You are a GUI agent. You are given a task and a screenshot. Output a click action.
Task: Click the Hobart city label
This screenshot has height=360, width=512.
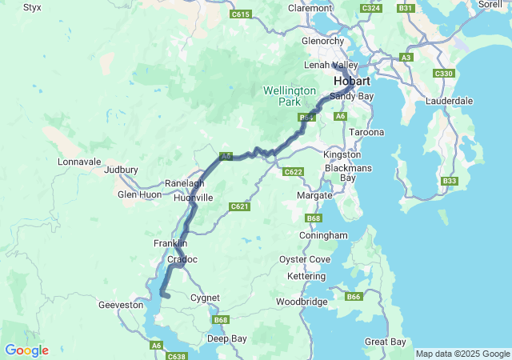tap(353, 82)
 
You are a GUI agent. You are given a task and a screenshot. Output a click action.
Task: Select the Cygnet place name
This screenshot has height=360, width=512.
tap(206, 298)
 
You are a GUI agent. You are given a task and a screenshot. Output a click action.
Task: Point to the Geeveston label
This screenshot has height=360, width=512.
tap(120, 305)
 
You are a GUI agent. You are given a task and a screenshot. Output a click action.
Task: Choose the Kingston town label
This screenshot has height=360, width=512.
tap(342, 154)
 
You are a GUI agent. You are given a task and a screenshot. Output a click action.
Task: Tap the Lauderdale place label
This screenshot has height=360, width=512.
tap(450, 101)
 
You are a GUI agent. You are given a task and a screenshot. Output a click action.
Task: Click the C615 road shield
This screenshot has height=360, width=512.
tap(241, 14)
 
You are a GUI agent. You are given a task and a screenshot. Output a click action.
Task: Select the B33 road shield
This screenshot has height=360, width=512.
tap(450, 182)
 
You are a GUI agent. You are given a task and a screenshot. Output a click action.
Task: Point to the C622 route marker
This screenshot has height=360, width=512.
tap(293, 171)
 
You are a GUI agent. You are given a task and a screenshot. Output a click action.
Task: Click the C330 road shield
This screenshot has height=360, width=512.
tap(443, 74)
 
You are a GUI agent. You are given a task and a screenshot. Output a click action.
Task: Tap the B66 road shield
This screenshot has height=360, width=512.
tap(354, 298)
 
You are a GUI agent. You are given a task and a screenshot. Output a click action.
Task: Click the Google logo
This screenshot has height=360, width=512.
tap(26, 350)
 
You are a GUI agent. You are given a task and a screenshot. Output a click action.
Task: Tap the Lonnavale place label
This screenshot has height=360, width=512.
tap(79, 161)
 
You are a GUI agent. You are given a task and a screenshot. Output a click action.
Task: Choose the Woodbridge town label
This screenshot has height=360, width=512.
tap(302, 302)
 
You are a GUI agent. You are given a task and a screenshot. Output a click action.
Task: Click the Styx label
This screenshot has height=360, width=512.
tap(32, 7)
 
